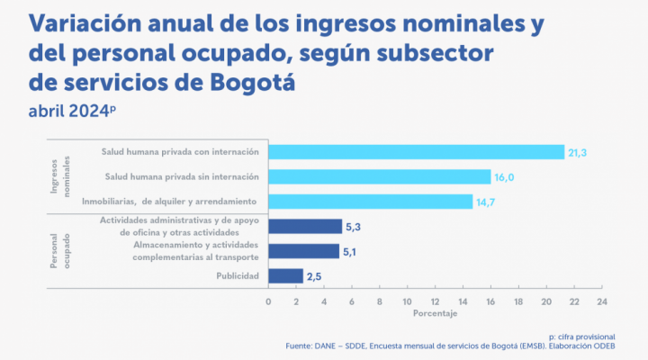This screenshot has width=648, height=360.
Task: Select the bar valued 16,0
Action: tap(379, 176)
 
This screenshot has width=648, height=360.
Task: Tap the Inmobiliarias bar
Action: tap(370, 201)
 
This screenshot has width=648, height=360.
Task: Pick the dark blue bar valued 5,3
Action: tap(304, 227)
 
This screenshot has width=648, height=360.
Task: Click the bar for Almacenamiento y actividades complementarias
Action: tap(303, 251)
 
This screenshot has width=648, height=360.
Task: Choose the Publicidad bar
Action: tap(285, 275)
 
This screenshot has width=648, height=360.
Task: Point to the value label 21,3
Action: tap(578, 153)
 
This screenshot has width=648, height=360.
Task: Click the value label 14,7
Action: tap(487, 202)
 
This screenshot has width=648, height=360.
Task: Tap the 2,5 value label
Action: tap(315, 276)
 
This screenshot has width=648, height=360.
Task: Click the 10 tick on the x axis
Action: tap(407, 301)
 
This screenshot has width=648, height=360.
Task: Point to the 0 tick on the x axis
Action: tap(268, 301)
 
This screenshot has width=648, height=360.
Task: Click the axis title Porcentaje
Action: tap(435, 314)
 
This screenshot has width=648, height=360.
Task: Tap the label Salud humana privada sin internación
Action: tap(182, 176)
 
